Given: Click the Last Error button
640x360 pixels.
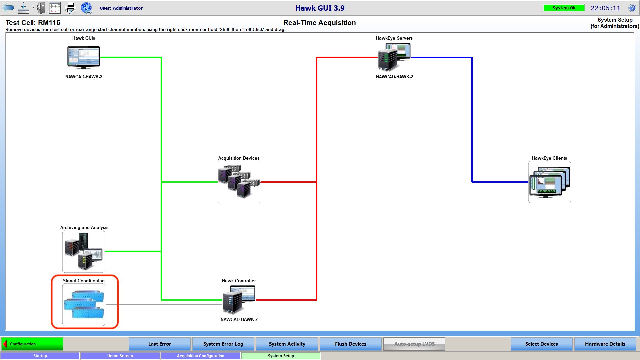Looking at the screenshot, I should tap(159, 344).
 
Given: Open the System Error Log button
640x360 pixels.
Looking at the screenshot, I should tap(223, 344).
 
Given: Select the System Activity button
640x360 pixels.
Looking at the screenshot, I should tap(287, 344).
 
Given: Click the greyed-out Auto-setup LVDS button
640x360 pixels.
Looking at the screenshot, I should tap(414, 344).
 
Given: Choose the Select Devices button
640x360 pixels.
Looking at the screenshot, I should tap(541, 344).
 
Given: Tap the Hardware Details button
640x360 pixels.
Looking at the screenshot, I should tap(605, 344).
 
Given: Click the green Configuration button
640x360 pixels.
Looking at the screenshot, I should tap(32, 344).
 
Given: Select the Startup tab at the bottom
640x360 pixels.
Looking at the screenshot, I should tap(40, 356).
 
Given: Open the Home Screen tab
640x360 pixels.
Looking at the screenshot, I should tap(120, 356).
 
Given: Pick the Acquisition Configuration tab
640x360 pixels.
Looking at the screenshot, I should tap(200, 356).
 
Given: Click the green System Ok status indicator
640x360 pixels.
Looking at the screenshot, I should tap(564, 8).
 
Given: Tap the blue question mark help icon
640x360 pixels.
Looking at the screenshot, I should tap(632, 8).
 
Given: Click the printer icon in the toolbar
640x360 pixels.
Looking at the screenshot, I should tap(70, 8).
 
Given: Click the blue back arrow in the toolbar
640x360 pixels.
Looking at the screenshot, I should tap(8, 8).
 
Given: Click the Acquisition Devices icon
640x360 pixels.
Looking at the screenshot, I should tap(239, 182).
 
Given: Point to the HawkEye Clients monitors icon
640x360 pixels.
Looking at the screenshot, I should tap(549, 182).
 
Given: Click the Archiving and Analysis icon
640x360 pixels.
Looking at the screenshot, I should tap(84, 251).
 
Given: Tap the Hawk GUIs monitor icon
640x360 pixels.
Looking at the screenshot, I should tap(84, 57).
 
